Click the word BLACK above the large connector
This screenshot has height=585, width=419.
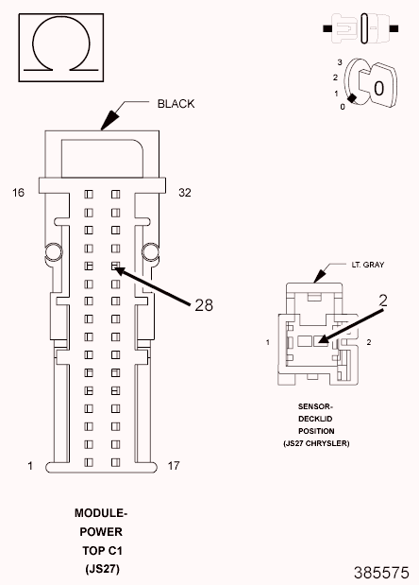point(176,104)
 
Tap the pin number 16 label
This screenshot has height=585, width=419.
point(18,193)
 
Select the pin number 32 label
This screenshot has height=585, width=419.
point(186,193)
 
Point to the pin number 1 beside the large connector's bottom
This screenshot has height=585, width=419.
point(30,466)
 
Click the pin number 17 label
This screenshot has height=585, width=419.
point(174,466)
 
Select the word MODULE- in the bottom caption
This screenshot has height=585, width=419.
point(101,513)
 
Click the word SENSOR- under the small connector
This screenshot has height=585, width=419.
point(316,407)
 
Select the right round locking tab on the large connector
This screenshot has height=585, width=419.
point(148,250)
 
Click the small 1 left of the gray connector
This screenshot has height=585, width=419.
point(268,341)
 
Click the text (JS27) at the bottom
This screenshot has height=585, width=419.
point(101,569)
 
